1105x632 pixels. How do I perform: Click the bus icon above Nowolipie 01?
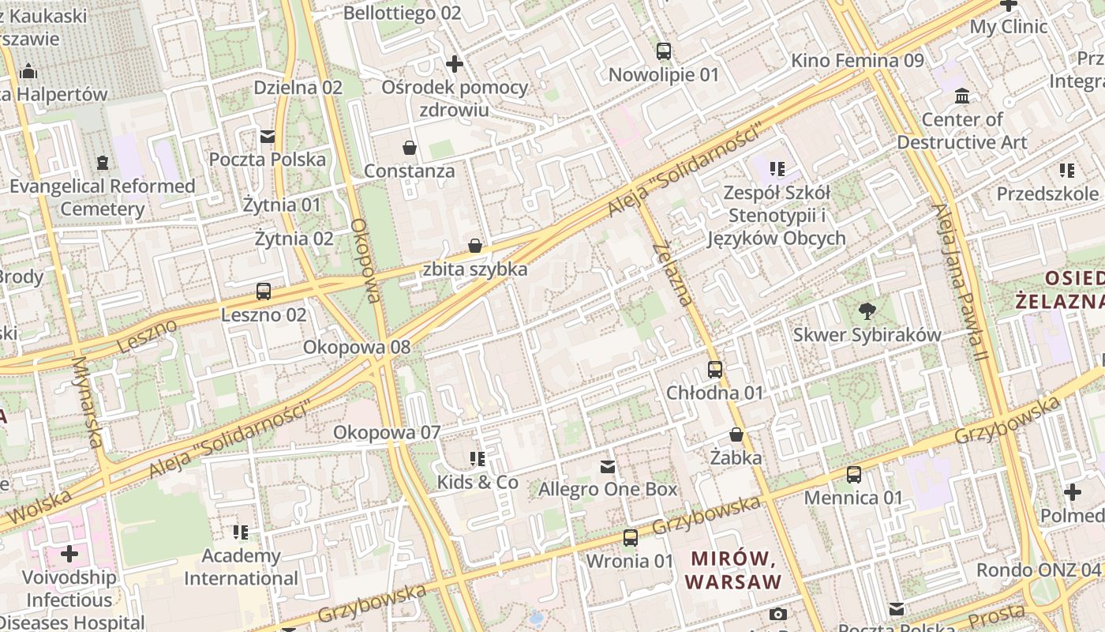(x=664, y=51)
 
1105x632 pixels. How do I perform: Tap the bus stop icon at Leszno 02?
(x=264, y=292)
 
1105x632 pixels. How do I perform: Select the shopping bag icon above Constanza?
(x=410, y=148)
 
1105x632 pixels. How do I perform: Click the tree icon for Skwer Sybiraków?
(x=867, y=311)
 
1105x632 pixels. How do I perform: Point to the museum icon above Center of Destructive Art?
(x=962, y=96)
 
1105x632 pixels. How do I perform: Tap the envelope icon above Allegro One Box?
(x=608, y=466)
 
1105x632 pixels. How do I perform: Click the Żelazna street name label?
(x=673, y=273)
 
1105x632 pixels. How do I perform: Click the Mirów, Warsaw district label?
(x=733, y=570)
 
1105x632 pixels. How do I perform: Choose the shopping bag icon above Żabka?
(x=736, y=434)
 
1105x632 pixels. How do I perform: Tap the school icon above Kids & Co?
(x=478, y=459)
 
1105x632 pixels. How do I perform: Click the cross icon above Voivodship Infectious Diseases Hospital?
(x=69, y=554)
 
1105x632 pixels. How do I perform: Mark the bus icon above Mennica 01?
(x=853, y=475)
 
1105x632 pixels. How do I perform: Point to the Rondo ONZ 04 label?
(x=1039, y=570)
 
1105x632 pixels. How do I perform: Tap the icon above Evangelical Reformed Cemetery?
(x=103, y=163)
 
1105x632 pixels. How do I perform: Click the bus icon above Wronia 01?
(x=630, y=538)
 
